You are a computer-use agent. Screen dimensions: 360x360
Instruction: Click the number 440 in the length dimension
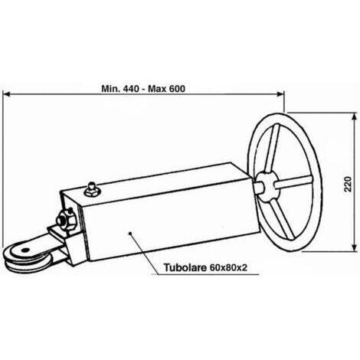click(132, 89)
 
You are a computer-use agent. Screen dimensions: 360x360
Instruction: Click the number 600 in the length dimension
click(177, 89)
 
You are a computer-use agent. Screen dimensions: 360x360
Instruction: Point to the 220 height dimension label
click(348, 184)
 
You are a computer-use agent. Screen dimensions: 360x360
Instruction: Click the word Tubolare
click(185, 267)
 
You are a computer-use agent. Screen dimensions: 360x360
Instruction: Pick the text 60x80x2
click(228, 267)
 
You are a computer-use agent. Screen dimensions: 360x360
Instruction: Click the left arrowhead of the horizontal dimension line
click(6, 94)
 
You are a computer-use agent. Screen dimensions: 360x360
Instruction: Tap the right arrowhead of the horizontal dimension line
click(280, 94)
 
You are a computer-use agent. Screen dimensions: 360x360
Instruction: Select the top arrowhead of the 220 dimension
click(354, 116)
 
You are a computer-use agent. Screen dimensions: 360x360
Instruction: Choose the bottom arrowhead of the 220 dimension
click(354, 247)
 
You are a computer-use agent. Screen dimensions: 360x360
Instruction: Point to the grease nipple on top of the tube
click(91, 189)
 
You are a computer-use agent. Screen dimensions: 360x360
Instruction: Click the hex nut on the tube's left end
click(66, 218)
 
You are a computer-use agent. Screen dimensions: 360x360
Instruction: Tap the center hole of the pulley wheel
click(25, 250)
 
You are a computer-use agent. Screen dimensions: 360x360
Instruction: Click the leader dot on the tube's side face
click(130, 233)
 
